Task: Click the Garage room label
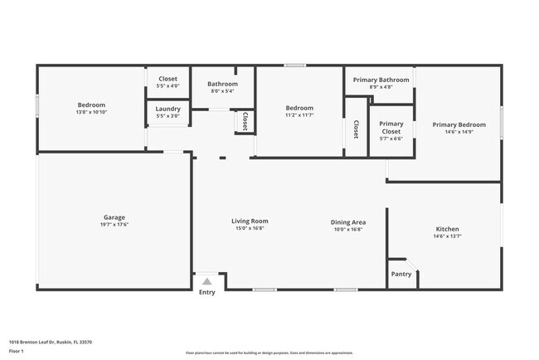coord(115,217)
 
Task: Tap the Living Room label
coord(249,221)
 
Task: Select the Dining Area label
coord(348,221)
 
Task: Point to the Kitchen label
coord(447,229)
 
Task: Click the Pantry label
coord(401,274)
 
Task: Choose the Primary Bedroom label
coord(459,124)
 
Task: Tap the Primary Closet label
coord(391,128)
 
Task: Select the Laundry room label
coord(168,109)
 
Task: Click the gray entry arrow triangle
coord(206,281)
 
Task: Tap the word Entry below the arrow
coord(206,292)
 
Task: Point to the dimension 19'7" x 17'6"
coord(115,225)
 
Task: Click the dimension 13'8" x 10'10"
coord(91,112)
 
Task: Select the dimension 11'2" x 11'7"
coord(299,115)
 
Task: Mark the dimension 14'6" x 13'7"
coord(447,236)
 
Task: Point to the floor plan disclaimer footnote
coord(269,353)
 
